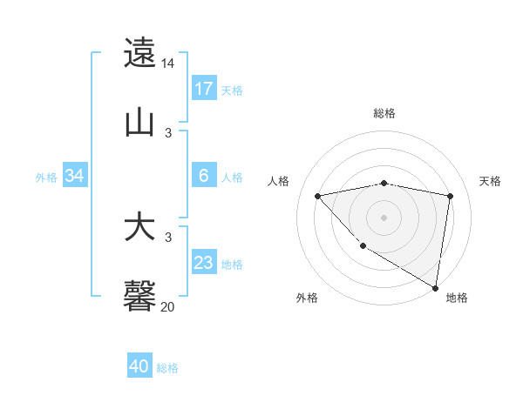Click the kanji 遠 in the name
140,52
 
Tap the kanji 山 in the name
140,122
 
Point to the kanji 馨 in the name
140,297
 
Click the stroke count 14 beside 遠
168,64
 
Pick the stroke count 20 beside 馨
168,306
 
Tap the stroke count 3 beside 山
168,132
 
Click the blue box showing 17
204,89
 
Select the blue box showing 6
204,176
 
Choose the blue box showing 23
204,263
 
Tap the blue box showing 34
75,176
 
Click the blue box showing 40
139,366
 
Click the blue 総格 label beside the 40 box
167,368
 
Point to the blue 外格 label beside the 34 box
46,178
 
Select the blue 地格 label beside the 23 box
232,265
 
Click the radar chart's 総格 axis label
384,113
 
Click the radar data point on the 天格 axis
451,196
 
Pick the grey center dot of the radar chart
384,217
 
